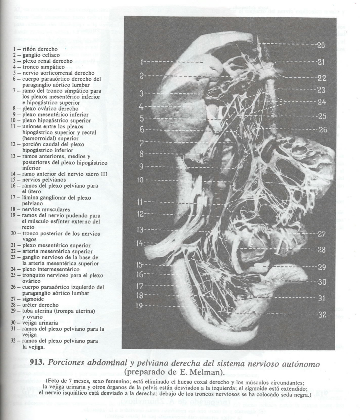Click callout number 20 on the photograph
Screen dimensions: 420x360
(321, 45)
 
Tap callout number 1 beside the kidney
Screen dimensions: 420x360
(141, 61)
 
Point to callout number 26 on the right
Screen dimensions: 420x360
(323, 130)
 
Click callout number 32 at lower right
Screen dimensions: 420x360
(322, 315)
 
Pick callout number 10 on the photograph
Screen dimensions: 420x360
(140, 180)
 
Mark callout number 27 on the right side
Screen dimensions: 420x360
(322, 234)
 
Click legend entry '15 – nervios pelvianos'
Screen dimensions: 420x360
(38, 180)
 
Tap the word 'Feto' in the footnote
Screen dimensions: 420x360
(53, 381)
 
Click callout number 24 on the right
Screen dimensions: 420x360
(322, 102)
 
